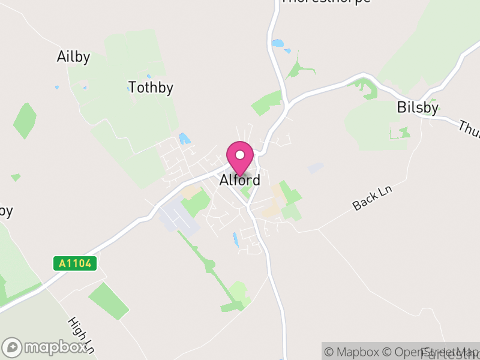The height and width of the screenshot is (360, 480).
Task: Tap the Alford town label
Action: pyautogui.click(x=240, y=180)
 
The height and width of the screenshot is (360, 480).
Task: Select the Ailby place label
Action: pyautogui.click(x=73, y=57)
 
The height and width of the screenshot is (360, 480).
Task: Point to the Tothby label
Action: pyautogui.click(x=151, y=88)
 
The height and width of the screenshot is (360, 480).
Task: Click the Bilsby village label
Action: pyautogui.click(x=418, y=108)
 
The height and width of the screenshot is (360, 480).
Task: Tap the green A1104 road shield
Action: pyautogui.click(x=75, y=263)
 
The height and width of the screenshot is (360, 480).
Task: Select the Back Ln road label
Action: pyautogui.click(x=372, y=198)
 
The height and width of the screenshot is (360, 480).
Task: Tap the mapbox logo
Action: pyautogui.click(x=45, y=347)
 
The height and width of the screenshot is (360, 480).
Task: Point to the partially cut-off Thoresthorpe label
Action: pyautogui.click(x=326, y=2)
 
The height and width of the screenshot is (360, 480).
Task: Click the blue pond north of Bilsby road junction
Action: pyautogui.click(x=277, y=43)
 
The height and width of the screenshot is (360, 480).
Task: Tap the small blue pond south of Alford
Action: pyautogui.click(x=236, y=239)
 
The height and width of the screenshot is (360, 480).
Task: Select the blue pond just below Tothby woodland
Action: pyautogui.click(x=184, y=139)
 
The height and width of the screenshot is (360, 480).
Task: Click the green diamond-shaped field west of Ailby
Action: pyautogui.click(x=25, y=121)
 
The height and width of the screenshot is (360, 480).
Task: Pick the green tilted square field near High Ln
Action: pyautogui.click(x=109, y=300)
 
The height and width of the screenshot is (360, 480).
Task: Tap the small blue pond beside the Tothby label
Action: pyautogui.click(x=130, y=88)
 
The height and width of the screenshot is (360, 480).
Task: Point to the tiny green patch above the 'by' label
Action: pyautogui.click(x=16, y=178)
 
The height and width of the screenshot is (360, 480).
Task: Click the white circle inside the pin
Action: pyautogui.click(x=240, y=155)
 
